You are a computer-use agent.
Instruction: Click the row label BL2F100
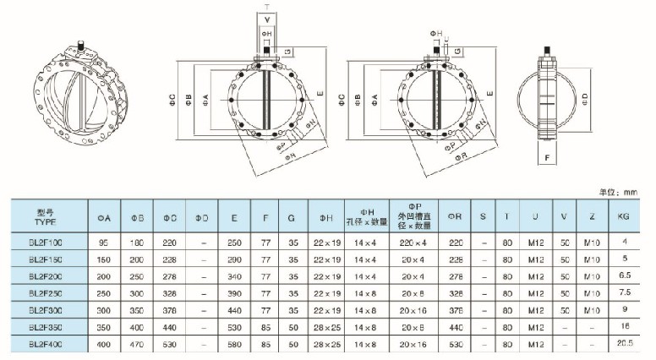(53, 243)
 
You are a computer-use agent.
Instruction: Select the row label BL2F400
(53, 344)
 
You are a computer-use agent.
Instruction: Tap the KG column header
(624, 216)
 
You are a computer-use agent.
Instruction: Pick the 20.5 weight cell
(624, 344)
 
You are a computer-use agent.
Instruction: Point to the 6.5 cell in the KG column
(624, 276)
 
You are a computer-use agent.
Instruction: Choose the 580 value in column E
(233, 344)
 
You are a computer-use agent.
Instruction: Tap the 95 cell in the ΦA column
(105, 243)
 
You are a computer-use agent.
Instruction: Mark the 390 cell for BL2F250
(233, 293)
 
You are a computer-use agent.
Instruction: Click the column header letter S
(483, 216)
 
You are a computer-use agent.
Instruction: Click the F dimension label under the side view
(547, 157)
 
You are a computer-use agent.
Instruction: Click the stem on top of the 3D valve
(82, 44)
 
